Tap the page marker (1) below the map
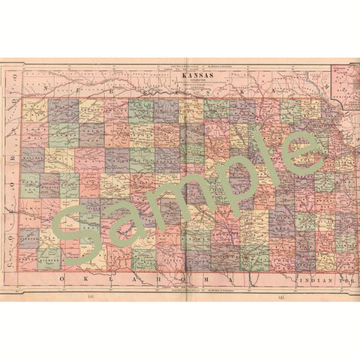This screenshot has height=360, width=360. pos(91,298)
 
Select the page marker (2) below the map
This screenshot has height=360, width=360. pos(280,298)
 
